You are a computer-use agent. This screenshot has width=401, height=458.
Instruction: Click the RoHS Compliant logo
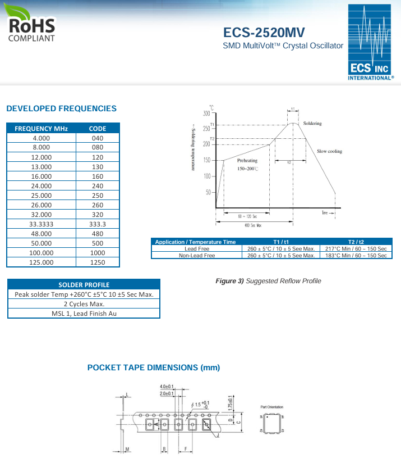coord(31,24)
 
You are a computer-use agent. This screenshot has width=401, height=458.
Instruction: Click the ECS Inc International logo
coord(368,43)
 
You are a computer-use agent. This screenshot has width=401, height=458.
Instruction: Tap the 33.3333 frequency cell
coord(42,224)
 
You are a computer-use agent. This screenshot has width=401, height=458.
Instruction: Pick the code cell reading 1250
coord(98,262)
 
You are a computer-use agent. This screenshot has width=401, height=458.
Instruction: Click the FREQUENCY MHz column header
coord(42,128)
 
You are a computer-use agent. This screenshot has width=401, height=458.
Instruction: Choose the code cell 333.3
coord(98,224)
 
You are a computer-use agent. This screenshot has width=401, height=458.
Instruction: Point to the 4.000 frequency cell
coord(42,138)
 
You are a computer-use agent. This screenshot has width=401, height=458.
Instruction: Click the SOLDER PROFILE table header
coord(84,284)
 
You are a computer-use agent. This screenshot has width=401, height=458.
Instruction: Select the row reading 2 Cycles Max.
coord(84,304)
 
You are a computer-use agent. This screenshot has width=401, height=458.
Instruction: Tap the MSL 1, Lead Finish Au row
coord(84,314)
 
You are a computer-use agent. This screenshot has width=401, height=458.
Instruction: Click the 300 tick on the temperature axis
coord(206,114)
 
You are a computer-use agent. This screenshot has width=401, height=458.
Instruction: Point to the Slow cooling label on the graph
coord(329,151)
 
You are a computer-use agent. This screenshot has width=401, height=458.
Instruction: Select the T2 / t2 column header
coord(356,242)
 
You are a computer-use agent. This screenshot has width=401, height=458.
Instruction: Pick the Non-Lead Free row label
coord(196,255)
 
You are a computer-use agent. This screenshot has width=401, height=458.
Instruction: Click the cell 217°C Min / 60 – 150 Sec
coord(356,248)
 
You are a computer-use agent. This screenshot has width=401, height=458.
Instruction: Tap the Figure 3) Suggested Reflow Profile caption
coord(269,281)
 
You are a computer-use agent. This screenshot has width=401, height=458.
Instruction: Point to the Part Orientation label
coord(272,407)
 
